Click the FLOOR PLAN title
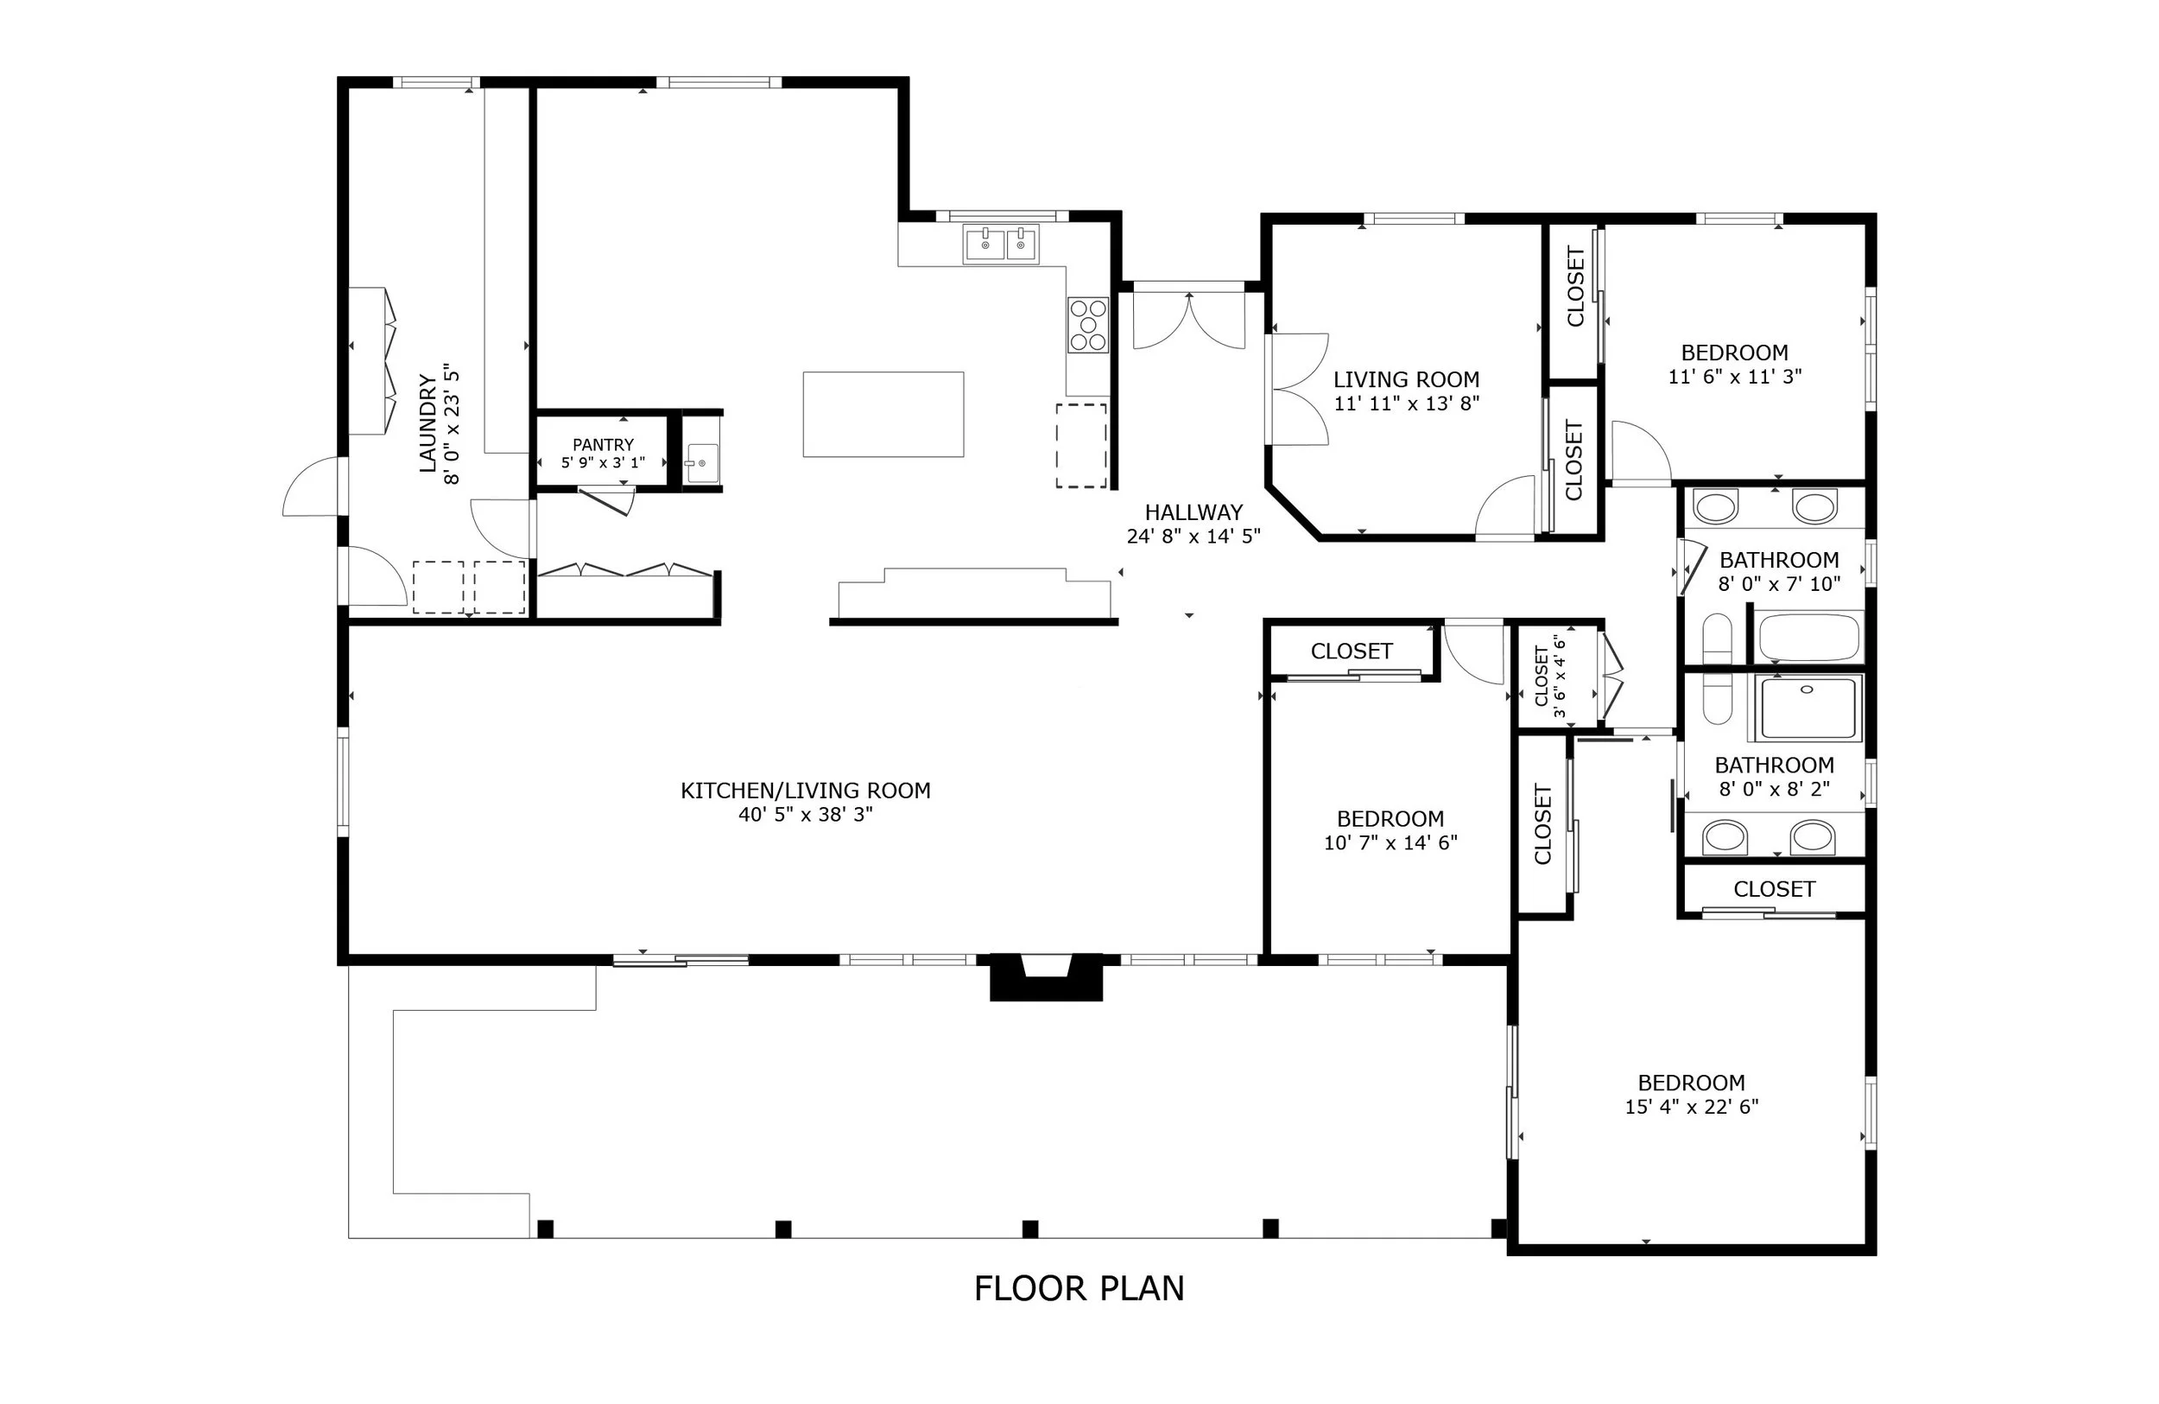tap(1079, 1289)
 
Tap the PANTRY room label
tap(604, 445)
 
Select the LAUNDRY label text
tap(428, 422)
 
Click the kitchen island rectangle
tap(883, 414)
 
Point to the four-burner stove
tap(1087, 324)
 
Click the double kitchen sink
tap(1002, 245)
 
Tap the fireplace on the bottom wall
tap(1046, 976)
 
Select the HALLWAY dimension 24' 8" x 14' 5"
tap(1193, 537)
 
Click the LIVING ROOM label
tap(1406, 379)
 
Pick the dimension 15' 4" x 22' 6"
tap(1692, 1106)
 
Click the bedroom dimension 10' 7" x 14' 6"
tap(1390, 842)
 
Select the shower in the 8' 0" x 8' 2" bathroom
tap(1810, 708)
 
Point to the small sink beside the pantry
tap(701, 464)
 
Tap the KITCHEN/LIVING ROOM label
tap(806, 791)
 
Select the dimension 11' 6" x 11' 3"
tap(1734, 376)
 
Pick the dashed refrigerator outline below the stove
tap(1081, 446)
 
